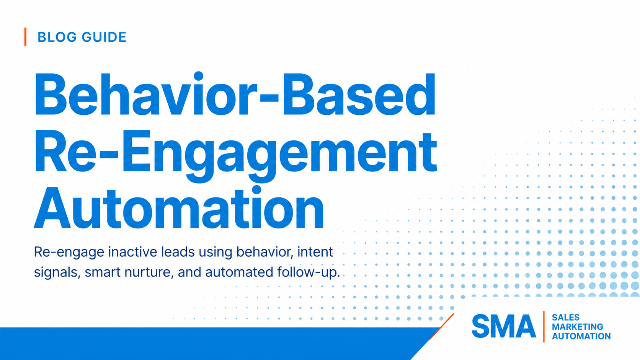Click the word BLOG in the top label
[57, 37]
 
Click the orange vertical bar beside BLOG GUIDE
[25, 37]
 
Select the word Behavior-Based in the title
[235, 94]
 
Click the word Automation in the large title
[179, 208]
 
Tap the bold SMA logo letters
[504, 326]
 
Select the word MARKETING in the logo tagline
[578, 327]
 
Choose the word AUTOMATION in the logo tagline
[581, 336]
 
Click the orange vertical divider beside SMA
[544, 327]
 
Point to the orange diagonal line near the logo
[442, 327]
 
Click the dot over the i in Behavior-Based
[198, 76]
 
